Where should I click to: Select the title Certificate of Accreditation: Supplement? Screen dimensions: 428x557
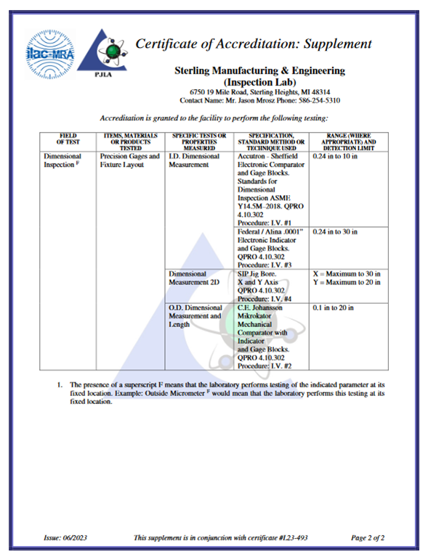coord(254,44)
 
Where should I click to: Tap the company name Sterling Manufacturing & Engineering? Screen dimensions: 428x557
coord(260,71)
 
